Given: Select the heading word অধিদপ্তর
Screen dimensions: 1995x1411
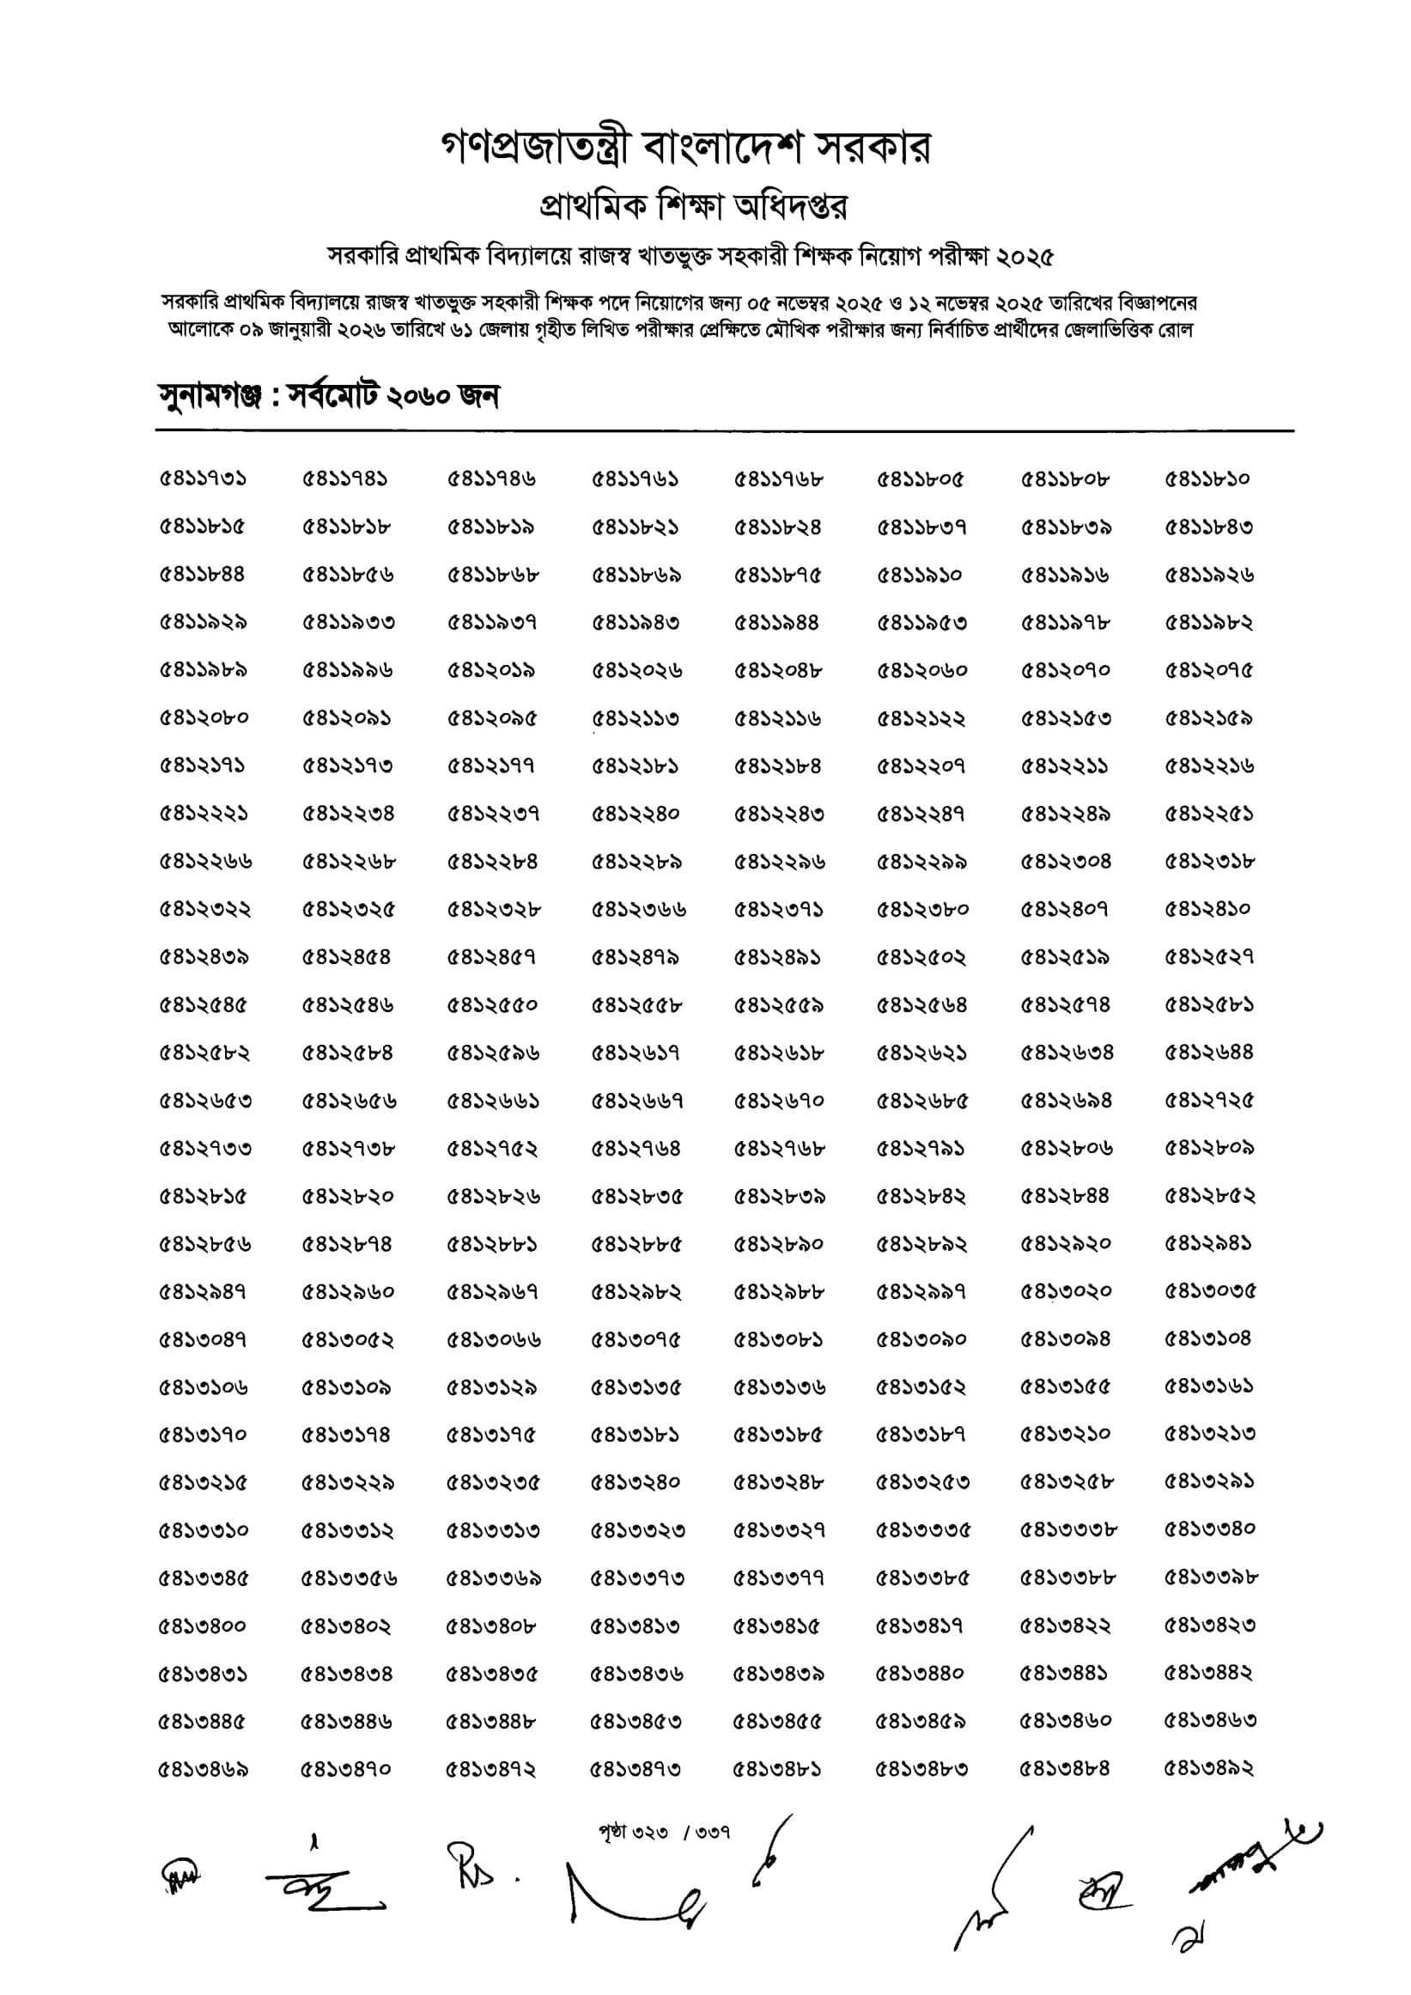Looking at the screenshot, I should coord(791,207).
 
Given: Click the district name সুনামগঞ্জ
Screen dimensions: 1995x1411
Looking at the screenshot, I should coord(210,397).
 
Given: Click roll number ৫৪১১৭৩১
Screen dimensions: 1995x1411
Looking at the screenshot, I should coord(204,479).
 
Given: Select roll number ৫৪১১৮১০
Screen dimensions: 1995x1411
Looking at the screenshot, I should coord(1207,479).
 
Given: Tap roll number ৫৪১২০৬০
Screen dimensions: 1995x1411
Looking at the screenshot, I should coord(921,670).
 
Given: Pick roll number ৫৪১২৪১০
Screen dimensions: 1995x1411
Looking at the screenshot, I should coord(1207,909).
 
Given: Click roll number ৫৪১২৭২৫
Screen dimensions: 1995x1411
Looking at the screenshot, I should coord(1208,1101).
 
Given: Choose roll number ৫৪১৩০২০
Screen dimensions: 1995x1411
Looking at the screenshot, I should coord(1065,1291).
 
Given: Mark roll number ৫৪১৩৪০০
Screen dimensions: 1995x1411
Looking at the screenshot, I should coord(203,1626).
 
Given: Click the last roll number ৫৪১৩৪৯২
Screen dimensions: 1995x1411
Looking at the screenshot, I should coord(1208,1769).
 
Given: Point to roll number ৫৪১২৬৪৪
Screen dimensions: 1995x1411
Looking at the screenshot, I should coord(1208,1052).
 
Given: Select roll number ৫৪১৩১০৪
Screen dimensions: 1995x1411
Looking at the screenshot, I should coord(1207,1339).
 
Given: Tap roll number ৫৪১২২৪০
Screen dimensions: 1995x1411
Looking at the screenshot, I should coord(636,814).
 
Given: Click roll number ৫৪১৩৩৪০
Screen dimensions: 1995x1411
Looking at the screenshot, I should coord(1209,1529).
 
